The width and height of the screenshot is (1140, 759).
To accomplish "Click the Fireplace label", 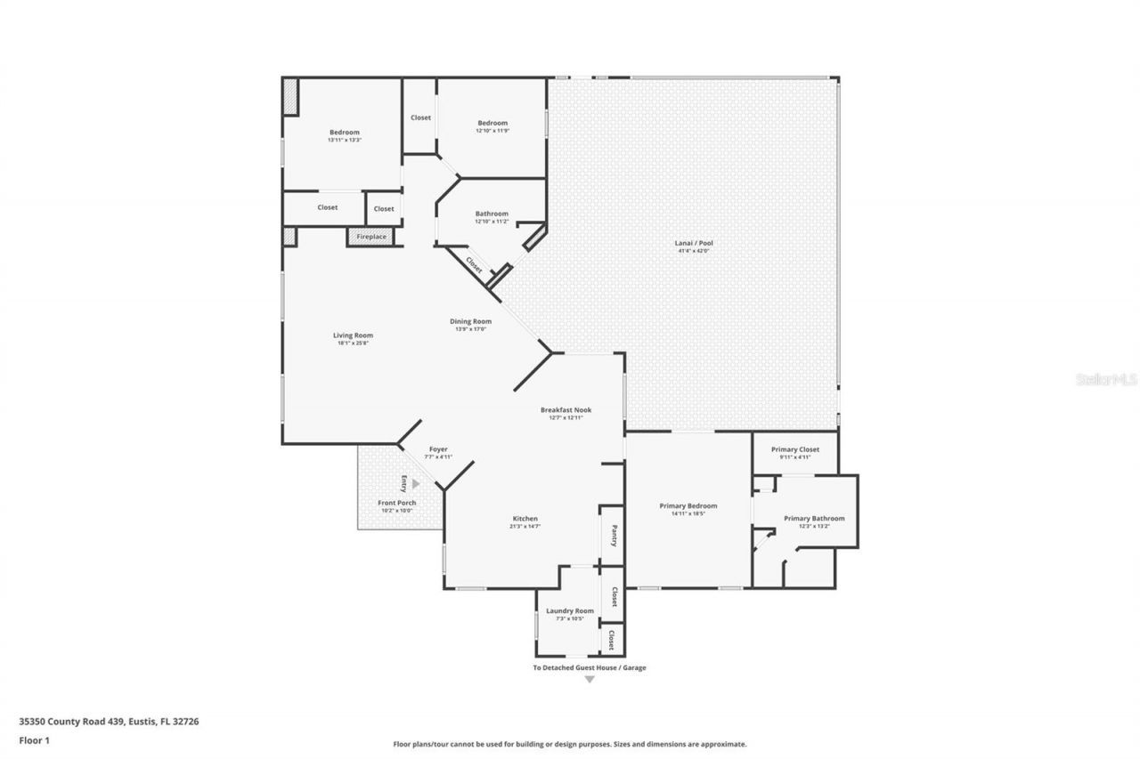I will coord(371,237).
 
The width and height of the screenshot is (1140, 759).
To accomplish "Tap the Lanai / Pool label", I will coord(694,243).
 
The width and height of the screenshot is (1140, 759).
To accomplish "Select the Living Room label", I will coord(353,335).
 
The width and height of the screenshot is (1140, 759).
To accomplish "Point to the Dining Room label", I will coord(470,321).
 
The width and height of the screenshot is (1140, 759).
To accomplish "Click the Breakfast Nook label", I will coord(566,410).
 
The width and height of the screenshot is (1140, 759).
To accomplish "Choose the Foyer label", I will coord(438,449).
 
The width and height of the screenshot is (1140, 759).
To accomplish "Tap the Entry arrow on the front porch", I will coord(415,484).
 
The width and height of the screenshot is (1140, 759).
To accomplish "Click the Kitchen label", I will coord(525,519).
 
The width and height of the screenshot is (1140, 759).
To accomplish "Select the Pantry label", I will coord(614,535).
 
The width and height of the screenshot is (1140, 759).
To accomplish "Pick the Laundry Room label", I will coord(569,611).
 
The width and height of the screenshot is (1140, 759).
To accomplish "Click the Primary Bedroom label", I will coord(688,505).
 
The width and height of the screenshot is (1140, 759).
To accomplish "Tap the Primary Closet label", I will coord(795,449).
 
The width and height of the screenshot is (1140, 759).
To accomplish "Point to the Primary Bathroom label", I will coord(814,518).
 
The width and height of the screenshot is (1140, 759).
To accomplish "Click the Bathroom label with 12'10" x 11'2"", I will coord(492,214).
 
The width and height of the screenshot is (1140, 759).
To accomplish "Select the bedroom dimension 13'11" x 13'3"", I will coord(344,140).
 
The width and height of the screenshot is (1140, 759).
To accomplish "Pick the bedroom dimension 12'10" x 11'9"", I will coord(492,131).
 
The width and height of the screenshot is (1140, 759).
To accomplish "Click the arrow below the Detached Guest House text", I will coord(589,680).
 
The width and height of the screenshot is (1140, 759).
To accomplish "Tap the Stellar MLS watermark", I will coord(1106,379).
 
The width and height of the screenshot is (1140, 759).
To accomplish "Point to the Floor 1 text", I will coord(34,739).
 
